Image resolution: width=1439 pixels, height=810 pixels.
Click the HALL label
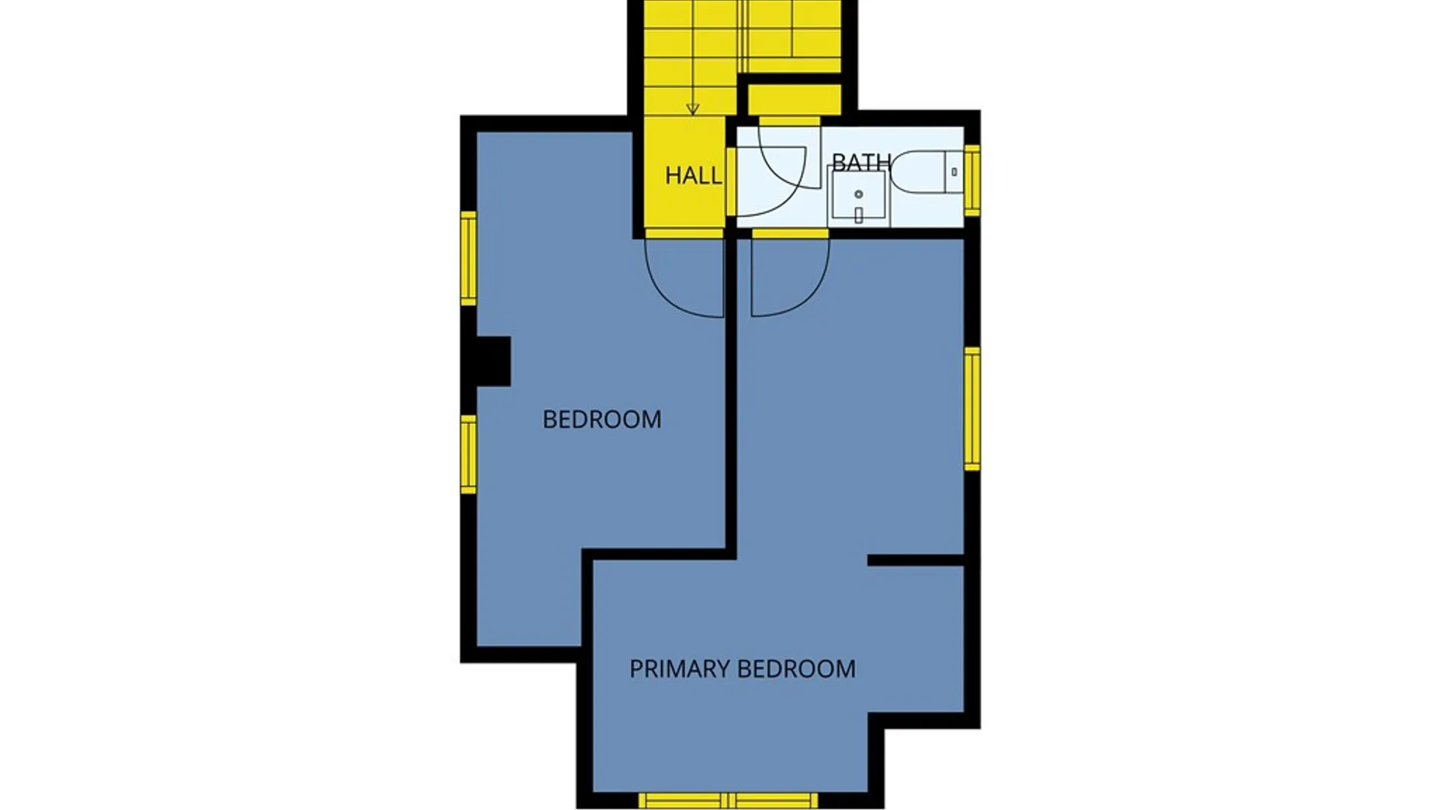[x=693, y=175]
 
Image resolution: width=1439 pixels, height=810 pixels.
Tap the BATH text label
[x=861, y=162]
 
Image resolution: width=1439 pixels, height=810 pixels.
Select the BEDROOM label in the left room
[x=602, y=419]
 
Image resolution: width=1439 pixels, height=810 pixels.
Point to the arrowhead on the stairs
[x=693, y=109]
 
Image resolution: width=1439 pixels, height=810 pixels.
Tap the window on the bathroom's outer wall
[x=972, y=180]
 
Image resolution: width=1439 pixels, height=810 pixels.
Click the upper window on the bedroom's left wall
[x=468, y=259]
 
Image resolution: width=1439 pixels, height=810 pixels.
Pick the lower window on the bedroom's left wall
[x=468, y=454]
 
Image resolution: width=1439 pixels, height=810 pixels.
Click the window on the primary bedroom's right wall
[x=972, y=409]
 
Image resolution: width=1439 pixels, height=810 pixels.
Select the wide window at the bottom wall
[x=728, y=800]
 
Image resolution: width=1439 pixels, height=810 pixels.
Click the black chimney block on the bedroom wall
[x=493, y=361]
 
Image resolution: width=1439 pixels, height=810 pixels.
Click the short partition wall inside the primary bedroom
[x=915, y=560]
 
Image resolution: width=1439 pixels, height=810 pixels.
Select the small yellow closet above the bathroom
[x=794, y=100]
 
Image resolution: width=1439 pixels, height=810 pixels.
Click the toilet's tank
[x=954, y=172]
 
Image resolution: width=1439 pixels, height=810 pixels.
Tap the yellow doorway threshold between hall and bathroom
[x=731, y=181]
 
